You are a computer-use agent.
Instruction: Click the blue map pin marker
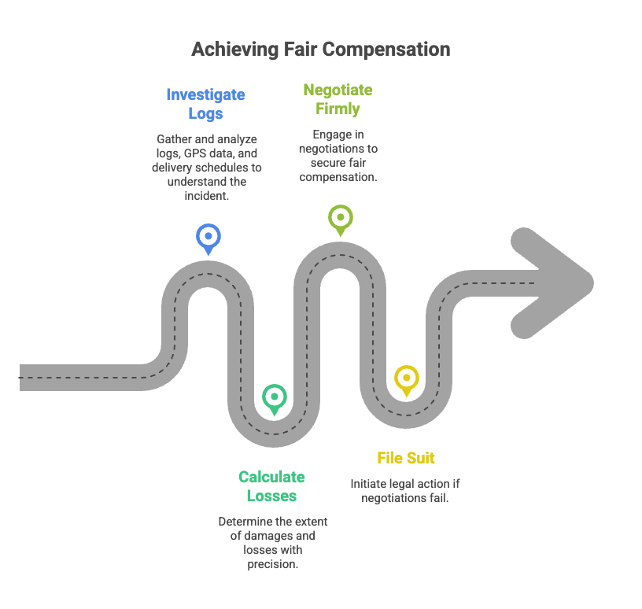click(208, 236)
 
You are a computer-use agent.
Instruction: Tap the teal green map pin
click(275, 397)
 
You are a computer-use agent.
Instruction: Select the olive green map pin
click(340, 217)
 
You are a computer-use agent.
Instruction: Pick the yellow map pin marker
click(406, 378)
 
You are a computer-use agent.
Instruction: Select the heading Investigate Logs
click(205, 104)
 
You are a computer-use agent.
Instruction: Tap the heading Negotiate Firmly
click(338, 99)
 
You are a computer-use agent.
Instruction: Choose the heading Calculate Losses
click(271, 486)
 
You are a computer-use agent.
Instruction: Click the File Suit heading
click(406, 458)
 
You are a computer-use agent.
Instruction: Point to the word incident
click(205, 196)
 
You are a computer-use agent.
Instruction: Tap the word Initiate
click(368, 483)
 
